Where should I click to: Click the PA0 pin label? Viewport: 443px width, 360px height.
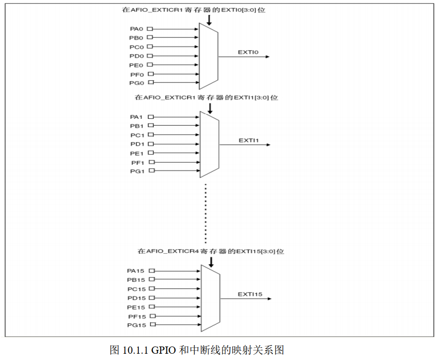coord(136,29)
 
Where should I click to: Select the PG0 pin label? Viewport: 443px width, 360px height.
coord(136,83)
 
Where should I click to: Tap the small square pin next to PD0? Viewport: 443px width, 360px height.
coord(150,56)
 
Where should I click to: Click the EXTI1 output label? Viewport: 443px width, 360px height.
coord(249,140)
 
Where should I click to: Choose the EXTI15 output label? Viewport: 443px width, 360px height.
coord(250,294)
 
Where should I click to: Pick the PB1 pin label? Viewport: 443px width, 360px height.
coord(137,126)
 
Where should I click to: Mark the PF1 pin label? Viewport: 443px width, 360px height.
coord(137,162)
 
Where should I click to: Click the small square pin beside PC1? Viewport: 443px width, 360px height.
coord(151,135)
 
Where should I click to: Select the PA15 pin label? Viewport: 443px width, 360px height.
coord(136,271)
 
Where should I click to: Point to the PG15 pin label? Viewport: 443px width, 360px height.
coord(136,325)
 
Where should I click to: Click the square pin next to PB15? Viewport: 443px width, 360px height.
coord(152,279)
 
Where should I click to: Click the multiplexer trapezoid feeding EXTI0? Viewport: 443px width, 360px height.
coord(209,56)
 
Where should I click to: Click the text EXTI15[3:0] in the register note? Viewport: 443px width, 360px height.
coord(252,251)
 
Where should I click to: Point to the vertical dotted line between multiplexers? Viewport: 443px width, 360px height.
coord(206,213)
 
